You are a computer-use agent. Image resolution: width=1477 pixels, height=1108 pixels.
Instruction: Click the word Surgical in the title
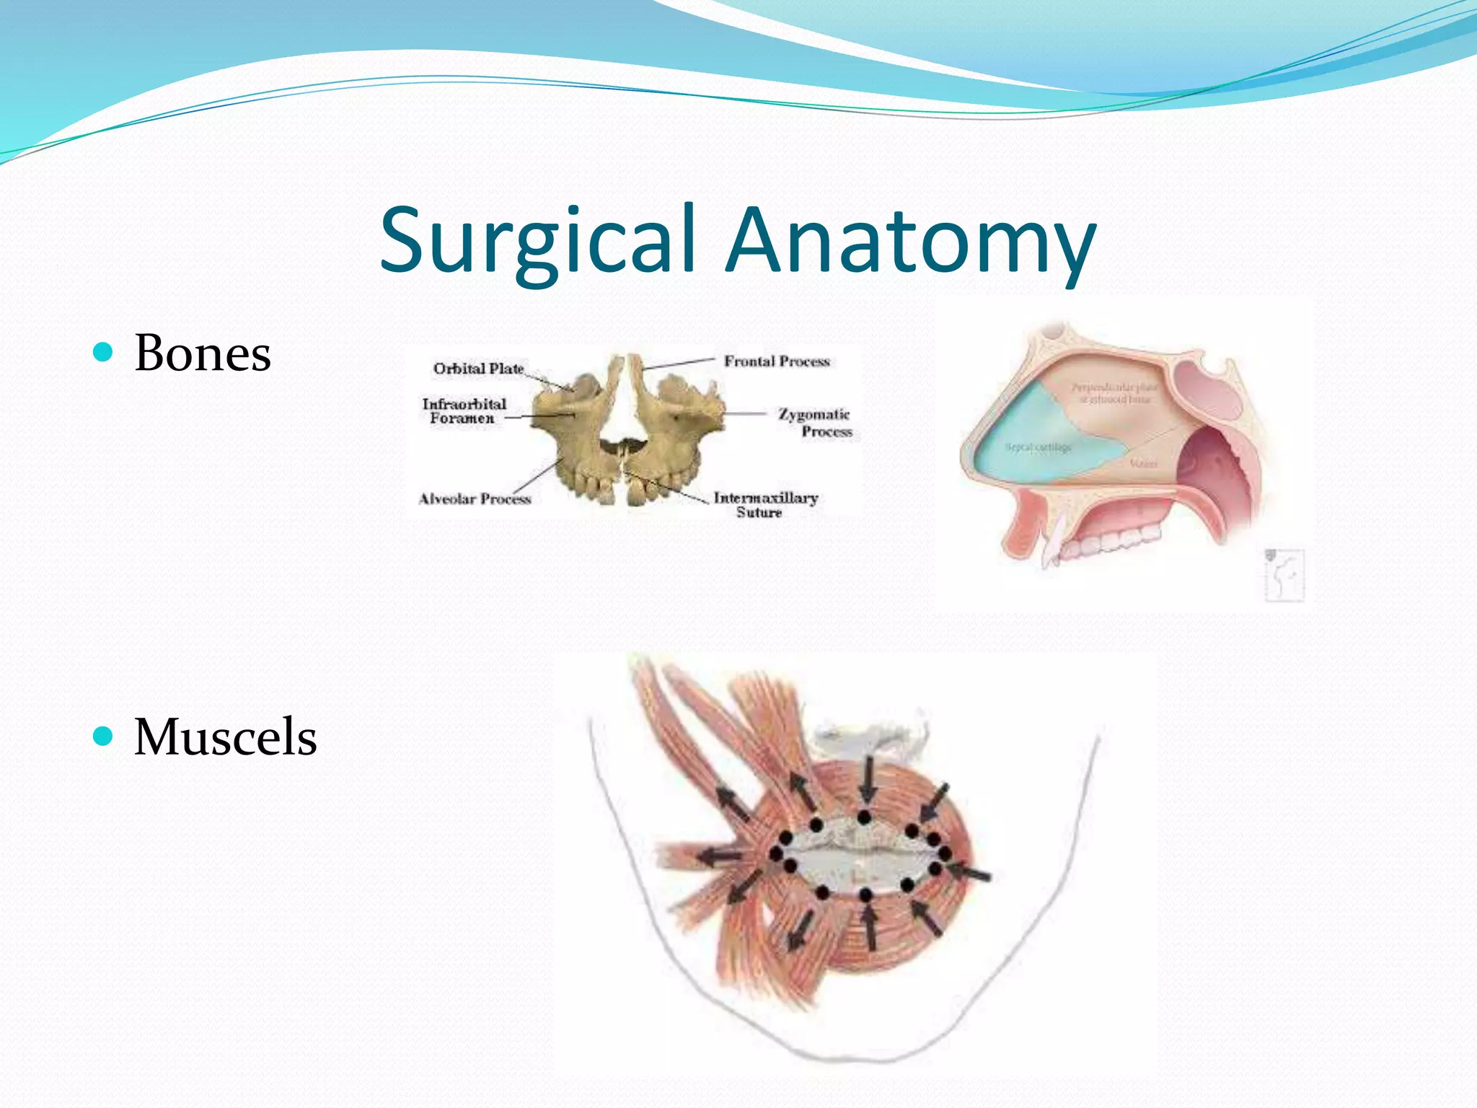(537, 242)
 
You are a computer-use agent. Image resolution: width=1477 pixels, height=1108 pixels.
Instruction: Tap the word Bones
(203, 353)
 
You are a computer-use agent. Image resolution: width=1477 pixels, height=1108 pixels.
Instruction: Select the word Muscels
(225, 737)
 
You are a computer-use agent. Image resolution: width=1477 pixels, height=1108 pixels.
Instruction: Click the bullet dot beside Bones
(104, 352)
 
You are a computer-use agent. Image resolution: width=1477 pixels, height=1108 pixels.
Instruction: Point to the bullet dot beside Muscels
(104, 736)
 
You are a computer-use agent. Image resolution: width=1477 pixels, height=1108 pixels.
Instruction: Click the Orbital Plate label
(478, 369)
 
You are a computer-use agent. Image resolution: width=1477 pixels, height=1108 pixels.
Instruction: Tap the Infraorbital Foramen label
(464, 411)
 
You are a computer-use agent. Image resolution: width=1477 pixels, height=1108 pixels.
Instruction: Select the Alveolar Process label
(475, 498)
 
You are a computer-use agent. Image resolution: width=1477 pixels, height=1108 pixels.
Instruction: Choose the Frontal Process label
(777, 361)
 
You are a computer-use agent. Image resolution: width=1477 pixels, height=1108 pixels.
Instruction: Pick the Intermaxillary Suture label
(765, 505)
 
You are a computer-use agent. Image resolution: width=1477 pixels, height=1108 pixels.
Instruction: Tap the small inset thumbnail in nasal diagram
(1284, 575)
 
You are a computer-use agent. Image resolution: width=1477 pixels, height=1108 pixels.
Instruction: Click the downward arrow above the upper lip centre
(868, 779)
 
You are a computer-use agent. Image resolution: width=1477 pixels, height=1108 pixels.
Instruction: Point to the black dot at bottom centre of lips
(865, 894)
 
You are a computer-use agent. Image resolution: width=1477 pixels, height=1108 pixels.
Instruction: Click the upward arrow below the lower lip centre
(870, 927)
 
